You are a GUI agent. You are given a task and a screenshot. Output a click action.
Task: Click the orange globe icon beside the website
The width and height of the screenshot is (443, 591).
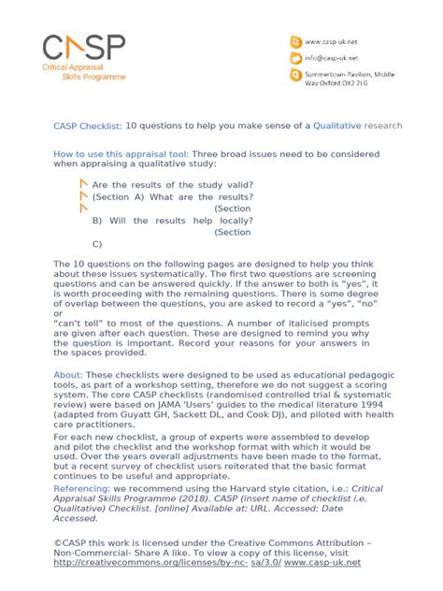coord(297,41)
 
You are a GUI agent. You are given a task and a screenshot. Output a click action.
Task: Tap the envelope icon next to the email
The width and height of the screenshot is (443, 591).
coord(297,57)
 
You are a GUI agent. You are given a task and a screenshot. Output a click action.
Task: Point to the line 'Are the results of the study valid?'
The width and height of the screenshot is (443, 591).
coord(172,185)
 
